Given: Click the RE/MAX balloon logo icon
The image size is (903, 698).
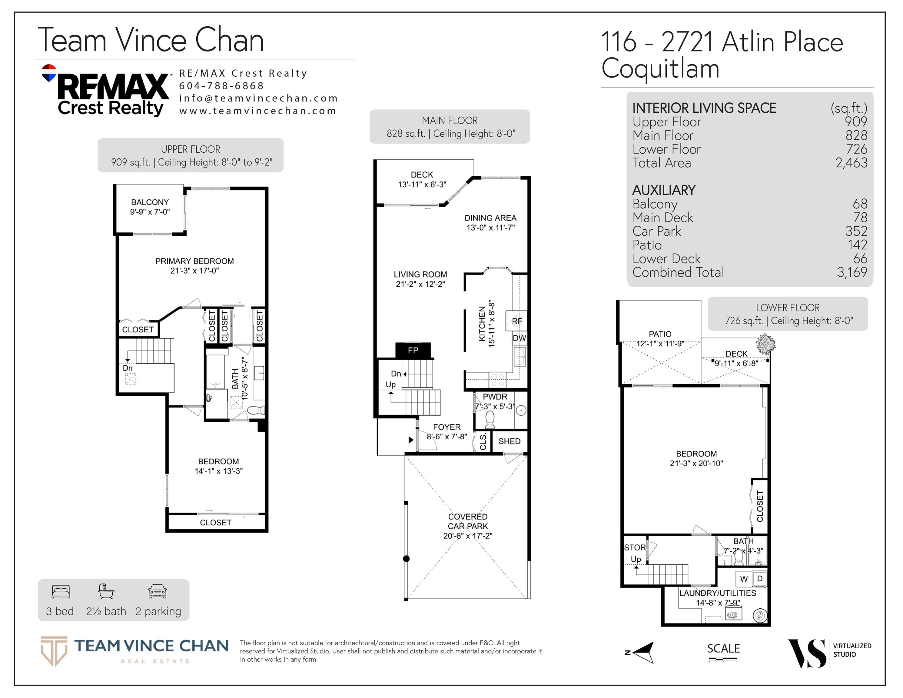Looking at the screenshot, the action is point(49,73).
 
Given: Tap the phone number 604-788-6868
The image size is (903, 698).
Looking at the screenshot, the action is point(221,86).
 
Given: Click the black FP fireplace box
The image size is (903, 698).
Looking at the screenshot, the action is point(413,350).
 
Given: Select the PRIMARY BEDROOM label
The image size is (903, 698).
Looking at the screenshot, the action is point(194,261).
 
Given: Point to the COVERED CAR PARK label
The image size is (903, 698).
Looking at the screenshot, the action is point(468,521).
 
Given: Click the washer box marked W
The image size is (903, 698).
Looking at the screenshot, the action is point(744,579).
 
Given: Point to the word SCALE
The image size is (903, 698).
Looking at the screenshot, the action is point(724,648).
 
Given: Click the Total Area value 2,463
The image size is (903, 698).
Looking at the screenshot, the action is point(852,163).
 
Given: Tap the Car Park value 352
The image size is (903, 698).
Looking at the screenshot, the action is point(857,231).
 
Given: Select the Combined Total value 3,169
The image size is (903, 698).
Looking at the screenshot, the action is point(852,272).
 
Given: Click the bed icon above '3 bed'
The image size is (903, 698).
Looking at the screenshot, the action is point(61,592).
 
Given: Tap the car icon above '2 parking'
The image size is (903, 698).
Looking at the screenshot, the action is point(158,592).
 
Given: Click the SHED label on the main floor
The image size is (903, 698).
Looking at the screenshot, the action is point(510,441).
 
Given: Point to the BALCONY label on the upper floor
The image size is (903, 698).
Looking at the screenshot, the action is point(150,202).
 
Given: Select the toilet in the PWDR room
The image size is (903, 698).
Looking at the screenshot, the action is point(490,421).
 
